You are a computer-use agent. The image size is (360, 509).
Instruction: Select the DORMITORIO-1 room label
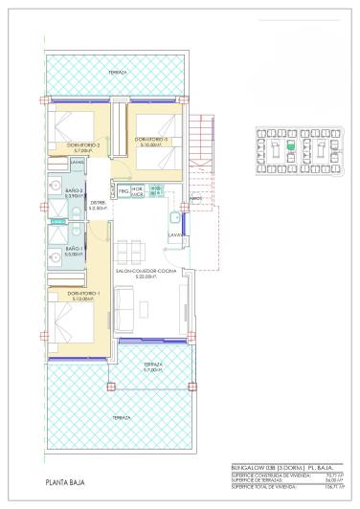(x=84, y=293)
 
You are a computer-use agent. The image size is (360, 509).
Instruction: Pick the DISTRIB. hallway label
(x=97, y=203)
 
